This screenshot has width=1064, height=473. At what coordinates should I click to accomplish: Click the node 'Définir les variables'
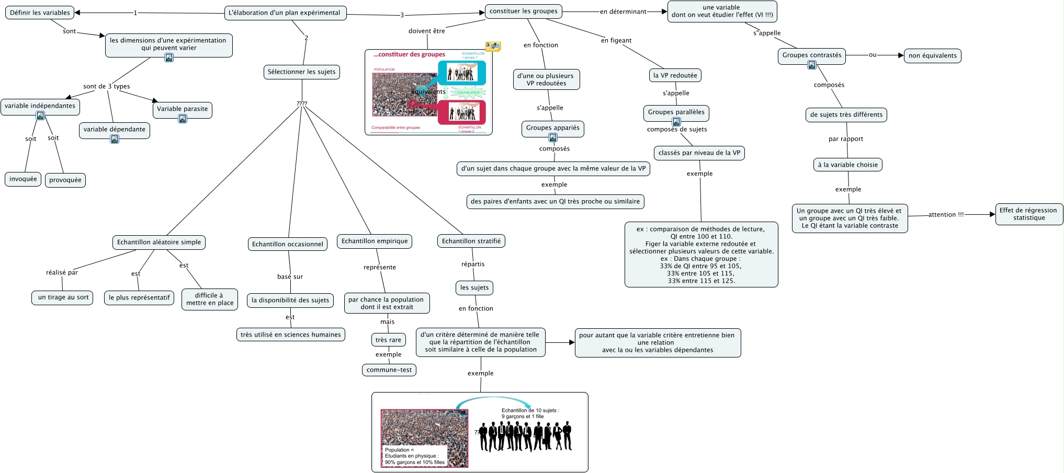(x=40, y=13)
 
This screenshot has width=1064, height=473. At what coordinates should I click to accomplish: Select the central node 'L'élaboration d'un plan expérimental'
(x=285, y=13)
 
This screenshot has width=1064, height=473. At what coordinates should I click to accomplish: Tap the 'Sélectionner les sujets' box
(x=302, y=72)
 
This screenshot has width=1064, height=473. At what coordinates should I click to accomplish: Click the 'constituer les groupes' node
(x=524, y=11)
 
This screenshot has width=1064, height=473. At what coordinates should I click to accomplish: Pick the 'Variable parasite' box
(x=182, y=109)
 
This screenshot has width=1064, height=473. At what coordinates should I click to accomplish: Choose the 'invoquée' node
(x=23, y=179)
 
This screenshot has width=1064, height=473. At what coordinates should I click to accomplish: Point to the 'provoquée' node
(x=65, y=180)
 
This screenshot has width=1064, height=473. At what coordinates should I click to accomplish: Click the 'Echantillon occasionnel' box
(x=288, y=244)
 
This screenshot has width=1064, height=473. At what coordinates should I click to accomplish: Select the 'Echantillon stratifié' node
(x=471, y=241)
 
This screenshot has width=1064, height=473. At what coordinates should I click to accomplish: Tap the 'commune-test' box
(x=389, y=370)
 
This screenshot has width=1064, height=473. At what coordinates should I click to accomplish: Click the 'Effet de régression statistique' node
(x=1029, y=214)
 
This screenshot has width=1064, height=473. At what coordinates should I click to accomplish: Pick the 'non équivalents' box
(x=932, y=55)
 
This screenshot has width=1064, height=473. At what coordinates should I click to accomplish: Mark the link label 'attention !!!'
(x=946, y=214)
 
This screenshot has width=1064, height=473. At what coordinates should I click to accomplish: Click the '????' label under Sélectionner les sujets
(x=302, y=103)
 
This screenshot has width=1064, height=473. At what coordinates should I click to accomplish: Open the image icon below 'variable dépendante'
(x=115, y=139)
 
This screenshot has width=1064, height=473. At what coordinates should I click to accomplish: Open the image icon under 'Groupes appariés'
(x=553, y=137)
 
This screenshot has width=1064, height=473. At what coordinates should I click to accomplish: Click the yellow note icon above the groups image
(x=493, y=47)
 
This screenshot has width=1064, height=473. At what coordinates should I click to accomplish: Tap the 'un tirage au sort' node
(x=63, y=297)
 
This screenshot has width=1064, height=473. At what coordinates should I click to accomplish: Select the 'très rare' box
(x=388, y=340)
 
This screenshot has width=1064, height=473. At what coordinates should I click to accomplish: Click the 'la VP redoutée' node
(x=675, y=75)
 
